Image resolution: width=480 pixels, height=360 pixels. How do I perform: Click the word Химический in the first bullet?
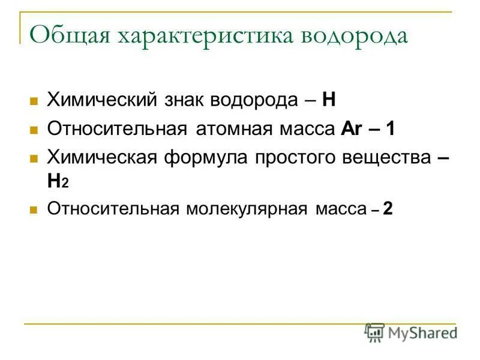(101, 99)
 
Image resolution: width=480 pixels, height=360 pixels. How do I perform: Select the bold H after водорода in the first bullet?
(328, 99)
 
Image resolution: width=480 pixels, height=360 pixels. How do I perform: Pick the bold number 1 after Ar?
(391, 128)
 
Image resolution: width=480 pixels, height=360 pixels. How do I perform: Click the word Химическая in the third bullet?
(103, 158)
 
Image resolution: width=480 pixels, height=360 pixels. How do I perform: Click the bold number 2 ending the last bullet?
(388, 209)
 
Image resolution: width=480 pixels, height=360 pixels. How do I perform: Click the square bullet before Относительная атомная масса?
(34, 130)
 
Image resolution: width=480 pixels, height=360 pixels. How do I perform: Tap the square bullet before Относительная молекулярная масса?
(34, 210)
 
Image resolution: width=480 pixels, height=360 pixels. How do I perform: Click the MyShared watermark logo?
(412, 332)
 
